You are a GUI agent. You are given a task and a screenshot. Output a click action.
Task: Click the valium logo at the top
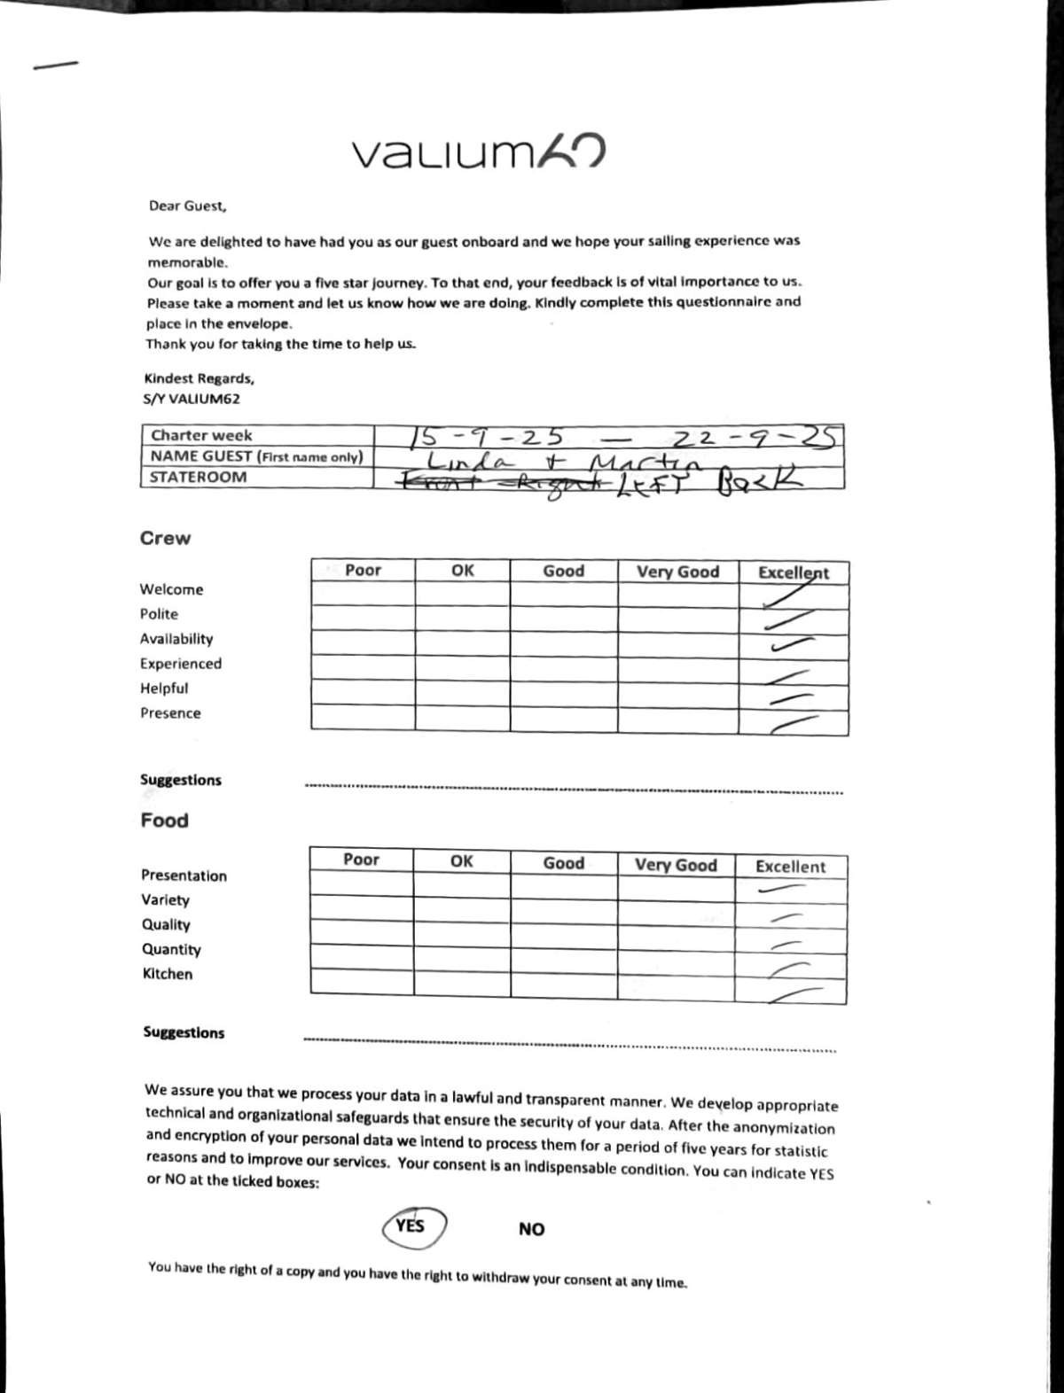point(480,152)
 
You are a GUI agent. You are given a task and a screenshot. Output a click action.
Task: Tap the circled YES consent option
point(411,1226)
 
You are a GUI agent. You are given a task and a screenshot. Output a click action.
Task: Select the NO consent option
point(531,1229)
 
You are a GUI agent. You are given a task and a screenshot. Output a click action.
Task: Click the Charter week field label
point(201,435)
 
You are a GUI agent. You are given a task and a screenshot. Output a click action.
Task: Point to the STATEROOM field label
point(199,477)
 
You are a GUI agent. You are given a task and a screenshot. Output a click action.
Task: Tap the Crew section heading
point(165,538)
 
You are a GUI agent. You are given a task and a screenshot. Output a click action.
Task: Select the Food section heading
point(164,820)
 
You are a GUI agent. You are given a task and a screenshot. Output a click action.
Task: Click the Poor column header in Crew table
point(363,570)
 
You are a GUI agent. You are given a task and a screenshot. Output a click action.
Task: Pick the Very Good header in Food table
point(676,864)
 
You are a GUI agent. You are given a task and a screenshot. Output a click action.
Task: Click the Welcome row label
point(171,589)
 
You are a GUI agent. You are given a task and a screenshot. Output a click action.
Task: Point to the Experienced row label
point(181,664)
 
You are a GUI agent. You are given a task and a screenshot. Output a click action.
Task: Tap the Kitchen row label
point(168,974)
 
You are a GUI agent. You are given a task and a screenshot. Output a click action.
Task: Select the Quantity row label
point(171,949)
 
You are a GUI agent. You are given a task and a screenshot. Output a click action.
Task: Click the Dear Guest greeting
point(188,206)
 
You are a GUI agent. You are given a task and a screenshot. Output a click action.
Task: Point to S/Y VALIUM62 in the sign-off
point(192,399)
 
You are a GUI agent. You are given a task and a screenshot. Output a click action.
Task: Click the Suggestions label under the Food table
point(184,1032)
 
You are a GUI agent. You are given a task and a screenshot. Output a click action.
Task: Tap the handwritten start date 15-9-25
point(488,437)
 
